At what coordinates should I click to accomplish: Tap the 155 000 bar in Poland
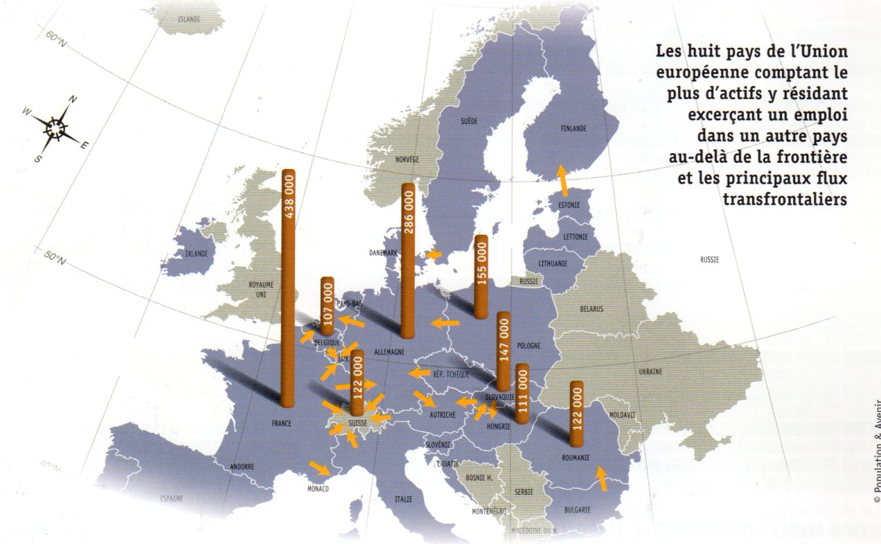[x=481, y=277]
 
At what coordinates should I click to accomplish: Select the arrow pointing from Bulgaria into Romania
[x=602, y=478]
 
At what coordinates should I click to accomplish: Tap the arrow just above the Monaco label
[x=319, y=468]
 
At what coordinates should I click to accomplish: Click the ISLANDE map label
[x=189, y=19]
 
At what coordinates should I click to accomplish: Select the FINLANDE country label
[x=573, y=128]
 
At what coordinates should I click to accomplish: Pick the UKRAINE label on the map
[x=650, y=372]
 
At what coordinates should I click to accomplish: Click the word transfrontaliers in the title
[x=785, y=199]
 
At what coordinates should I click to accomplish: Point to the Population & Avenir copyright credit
[x=875, y=450]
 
